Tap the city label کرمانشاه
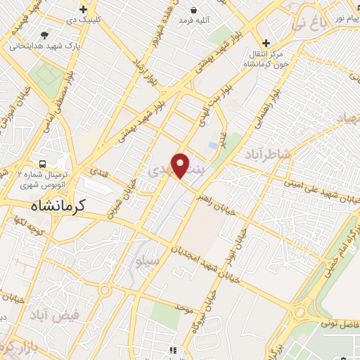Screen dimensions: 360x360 58,205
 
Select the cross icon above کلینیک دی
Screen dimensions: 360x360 84,10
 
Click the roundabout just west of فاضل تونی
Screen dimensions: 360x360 299,311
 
